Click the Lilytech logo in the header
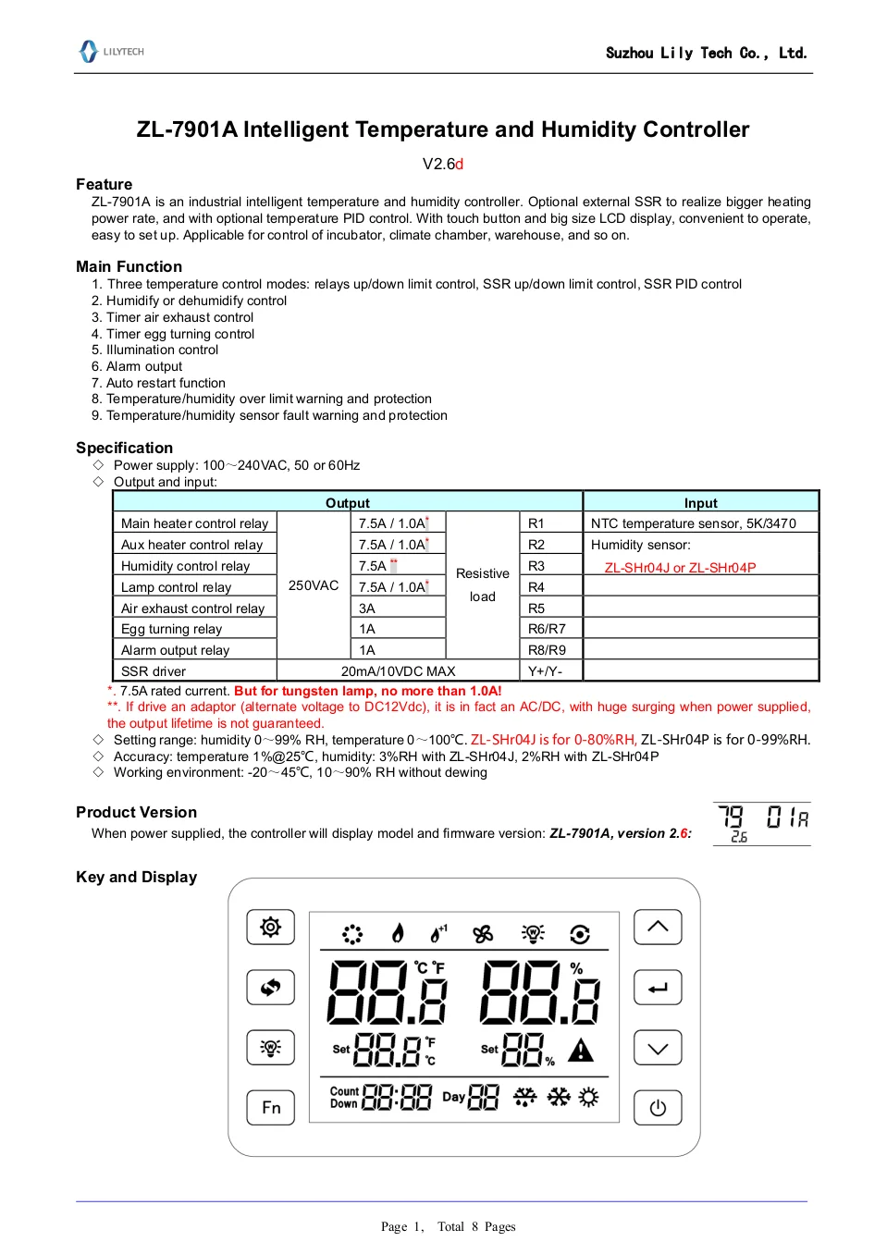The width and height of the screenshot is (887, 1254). [111, 52]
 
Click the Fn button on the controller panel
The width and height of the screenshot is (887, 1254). [270, 1107]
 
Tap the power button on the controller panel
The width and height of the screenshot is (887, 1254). [658, 1108]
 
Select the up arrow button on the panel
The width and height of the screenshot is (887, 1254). [658, 927]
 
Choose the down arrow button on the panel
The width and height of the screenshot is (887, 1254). [658, 1048]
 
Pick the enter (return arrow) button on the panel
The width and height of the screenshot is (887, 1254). [658, 988]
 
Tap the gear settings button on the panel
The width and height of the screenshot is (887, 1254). [270, 927]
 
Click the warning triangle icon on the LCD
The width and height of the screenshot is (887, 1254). [581, 1051]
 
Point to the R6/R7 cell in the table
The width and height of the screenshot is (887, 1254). [547, 629]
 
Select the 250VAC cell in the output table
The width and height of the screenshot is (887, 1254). [314, 585]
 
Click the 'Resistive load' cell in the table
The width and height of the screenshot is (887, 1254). [482, 585]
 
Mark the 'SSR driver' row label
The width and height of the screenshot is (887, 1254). [154, 671]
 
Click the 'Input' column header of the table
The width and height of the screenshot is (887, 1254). [700, 503]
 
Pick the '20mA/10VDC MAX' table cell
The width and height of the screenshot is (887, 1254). [398, 671]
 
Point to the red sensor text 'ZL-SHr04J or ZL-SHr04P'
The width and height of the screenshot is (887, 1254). [680, 568]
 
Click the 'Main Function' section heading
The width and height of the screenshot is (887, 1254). [129, 266]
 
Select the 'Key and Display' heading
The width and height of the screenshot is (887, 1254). [136, 877]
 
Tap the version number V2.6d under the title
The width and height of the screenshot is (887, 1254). [442, 164]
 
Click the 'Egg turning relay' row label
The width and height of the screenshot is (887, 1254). [171, 629]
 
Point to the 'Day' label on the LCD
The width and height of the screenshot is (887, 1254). [453, 1097]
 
